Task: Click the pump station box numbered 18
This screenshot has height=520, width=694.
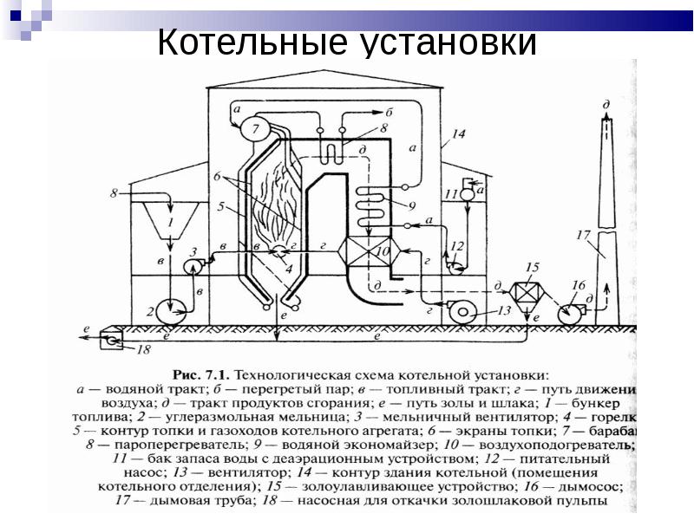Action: click(x=112, y=341)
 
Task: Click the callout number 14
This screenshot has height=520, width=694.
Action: click(x=459, y=134)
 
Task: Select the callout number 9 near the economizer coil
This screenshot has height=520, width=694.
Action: click(x=412, y=205)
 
